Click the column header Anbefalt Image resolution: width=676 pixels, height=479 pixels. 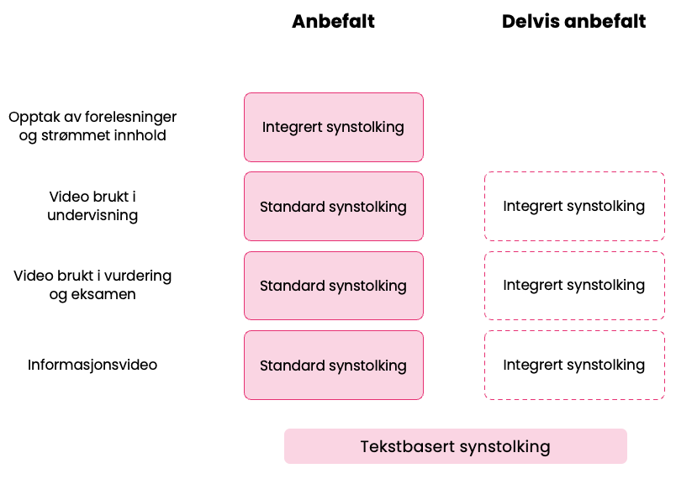coord(333,22)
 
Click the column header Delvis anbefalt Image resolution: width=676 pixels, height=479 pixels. coord(573,22)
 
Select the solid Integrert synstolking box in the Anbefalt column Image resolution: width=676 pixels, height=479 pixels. coord(333,127)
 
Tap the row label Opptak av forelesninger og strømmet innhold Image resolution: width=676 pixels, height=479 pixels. coord(92,126)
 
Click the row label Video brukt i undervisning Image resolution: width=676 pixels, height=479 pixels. coord(92,206)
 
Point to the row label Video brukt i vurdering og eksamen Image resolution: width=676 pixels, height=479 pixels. coord(92,285)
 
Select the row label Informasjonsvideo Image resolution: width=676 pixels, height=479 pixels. coord(92,365)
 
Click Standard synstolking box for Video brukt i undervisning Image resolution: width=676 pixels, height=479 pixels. coord(333,206)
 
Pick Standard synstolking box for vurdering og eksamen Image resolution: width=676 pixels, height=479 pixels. coord(333,286)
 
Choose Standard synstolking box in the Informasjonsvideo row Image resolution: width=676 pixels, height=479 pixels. coord(333,365)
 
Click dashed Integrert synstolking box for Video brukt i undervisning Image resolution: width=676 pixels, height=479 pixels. coord(573,206)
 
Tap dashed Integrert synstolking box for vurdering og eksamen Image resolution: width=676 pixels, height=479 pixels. coord(573,286)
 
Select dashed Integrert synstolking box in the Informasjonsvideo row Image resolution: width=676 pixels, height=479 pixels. coord(573,365)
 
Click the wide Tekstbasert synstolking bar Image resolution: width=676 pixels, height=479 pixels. coord(455,446)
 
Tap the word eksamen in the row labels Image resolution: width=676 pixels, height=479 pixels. coord(104,295)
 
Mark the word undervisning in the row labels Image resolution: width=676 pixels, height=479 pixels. coord(92,216)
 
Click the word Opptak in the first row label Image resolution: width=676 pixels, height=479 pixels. coord(33,117)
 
